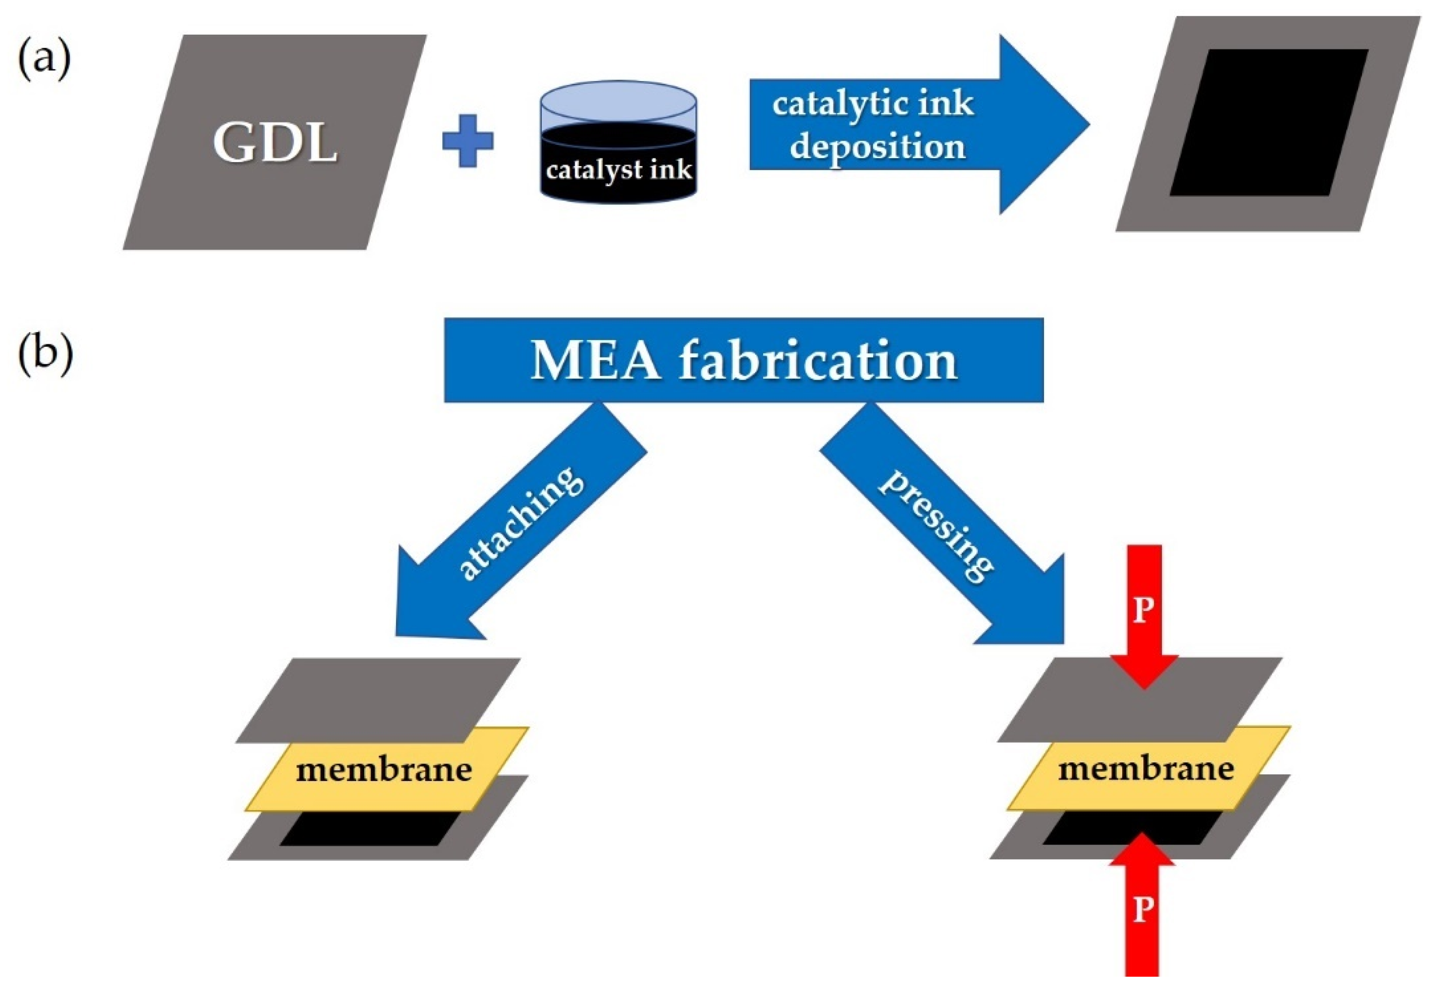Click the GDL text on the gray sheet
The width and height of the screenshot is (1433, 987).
[276, 143]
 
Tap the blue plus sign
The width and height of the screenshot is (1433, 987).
[468, 141]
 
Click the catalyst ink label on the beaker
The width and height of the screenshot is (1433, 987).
[619, 170]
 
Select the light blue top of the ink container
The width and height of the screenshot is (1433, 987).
[619, 101]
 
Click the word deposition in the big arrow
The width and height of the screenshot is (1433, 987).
[878, 147]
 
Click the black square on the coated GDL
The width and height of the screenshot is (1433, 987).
[1268, 122]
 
